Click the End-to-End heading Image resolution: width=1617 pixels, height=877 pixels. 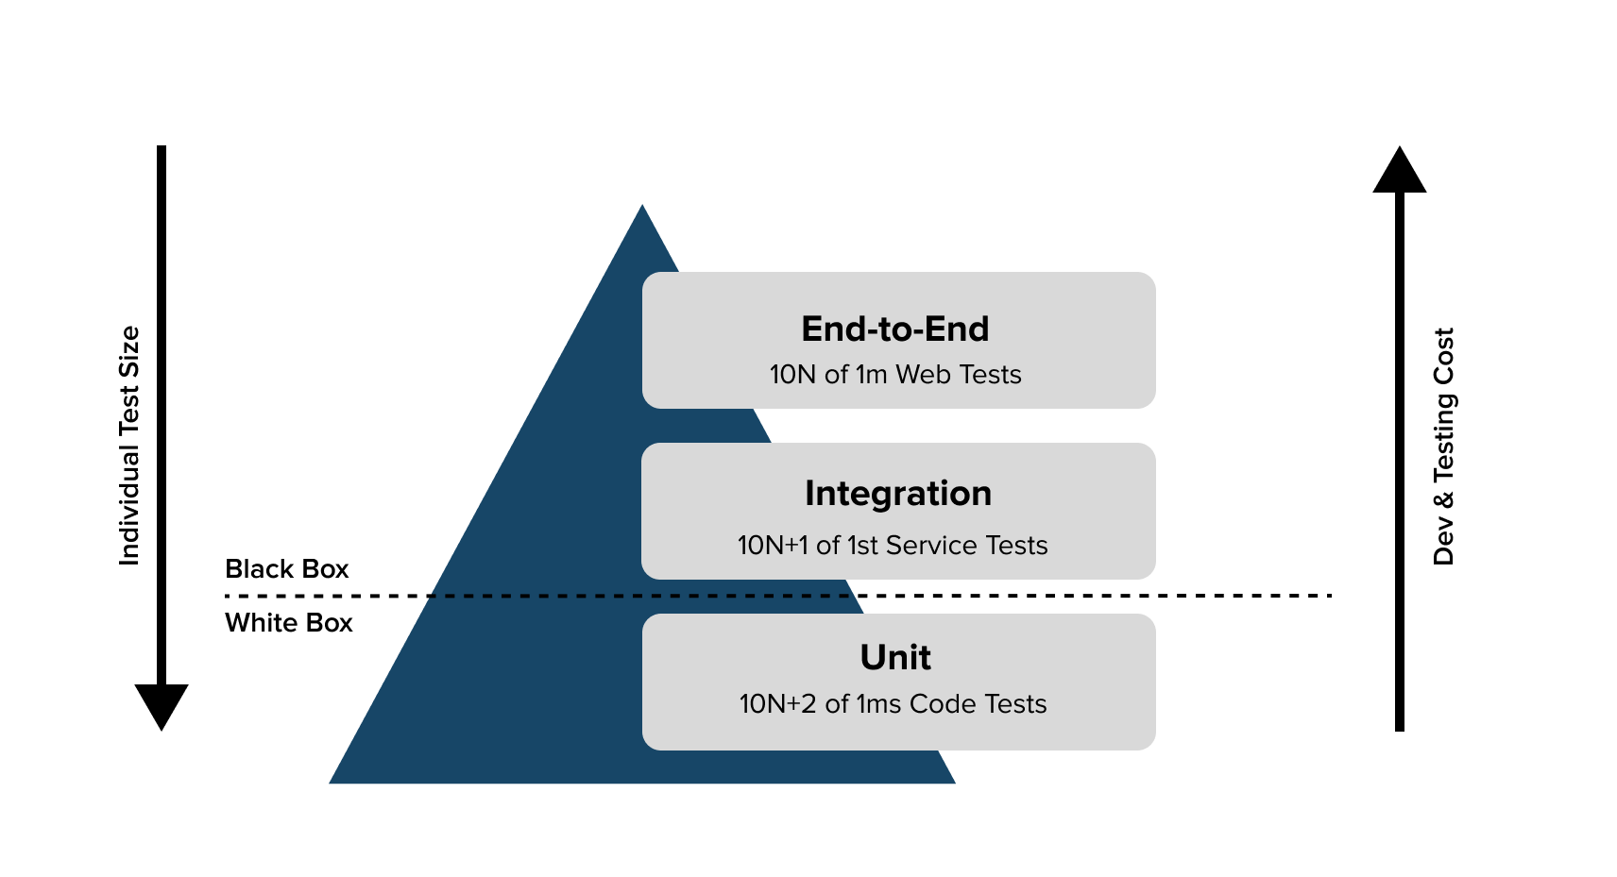[894, 329]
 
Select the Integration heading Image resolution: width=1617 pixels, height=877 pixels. [897, 493]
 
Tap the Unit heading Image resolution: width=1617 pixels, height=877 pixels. [894, 657]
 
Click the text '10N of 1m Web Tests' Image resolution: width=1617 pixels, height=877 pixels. [894, 375]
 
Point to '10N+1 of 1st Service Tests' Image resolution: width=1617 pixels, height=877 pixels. [892, 546]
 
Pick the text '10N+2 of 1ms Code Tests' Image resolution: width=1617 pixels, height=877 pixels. [893, 704]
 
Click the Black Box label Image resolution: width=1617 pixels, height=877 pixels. [286, 569]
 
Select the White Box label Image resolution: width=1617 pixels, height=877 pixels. [288, 623]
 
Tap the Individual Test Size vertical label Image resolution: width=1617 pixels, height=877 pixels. [129, 446]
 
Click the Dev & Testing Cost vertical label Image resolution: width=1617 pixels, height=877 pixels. [1443, 446]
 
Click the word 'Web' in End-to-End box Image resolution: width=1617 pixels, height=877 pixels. [923, 375]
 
